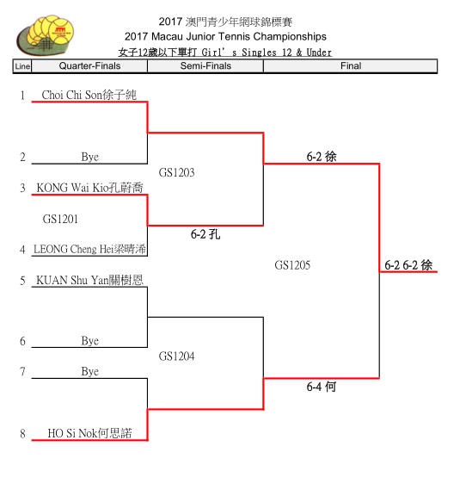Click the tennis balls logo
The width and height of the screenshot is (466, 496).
click(46, 34)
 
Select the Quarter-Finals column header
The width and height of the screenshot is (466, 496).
click(89, 65)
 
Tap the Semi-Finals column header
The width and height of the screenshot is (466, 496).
click(205, 65)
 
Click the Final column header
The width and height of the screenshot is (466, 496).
click(351, 65)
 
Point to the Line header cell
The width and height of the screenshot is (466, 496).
click(22, 66)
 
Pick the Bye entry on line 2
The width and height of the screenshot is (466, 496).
click(89, 157)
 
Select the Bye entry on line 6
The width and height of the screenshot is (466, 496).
click(89, 341)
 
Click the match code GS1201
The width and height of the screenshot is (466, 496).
click(60, 219)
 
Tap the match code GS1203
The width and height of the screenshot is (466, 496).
click(176, 172)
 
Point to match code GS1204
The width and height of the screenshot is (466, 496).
click(176, 356)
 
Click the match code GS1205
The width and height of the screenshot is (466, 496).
click(292, 265)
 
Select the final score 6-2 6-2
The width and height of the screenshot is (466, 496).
click(402, 265)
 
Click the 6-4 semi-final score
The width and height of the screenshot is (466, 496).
click(314, 387)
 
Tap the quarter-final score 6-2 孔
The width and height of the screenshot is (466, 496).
click(205, 234)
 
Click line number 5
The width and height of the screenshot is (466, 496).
click(22, 281)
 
